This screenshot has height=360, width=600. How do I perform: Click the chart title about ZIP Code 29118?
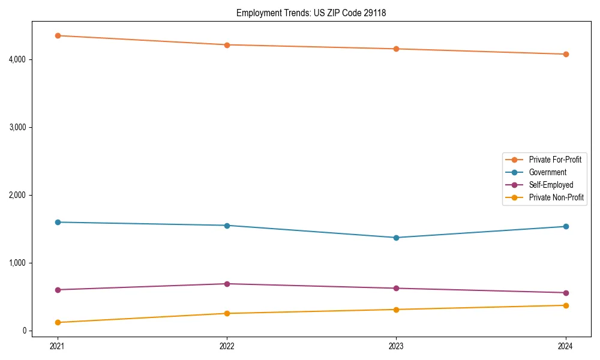click(x=311, y=13)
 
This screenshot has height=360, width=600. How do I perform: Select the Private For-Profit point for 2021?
click(x=58, y=35)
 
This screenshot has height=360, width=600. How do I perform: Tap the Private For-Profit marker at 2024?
click(x=565, y=54)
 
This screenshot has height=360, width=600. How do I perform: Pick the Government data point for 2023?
click(x=396, y=238)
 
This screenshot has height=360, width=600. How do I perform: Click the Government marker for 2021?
click(x=58, y=222)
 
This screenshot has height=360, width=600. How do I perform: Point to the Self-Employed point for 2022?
click(x=227, y=284)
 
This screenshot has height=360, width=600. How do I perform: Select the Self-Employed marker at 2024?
click(x=565, y=293)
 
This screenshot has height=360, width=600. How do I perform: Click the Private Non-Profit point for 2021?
click(x=58, y=322)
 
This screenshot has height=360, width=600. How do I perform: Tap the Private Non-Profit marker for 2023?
click(x=396, y=310)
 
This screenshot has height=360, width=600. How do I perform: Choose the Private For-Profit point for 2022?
click(x=227, y=45)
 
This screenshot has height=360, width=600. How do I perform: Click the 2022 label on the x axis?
click(x=227, y=346)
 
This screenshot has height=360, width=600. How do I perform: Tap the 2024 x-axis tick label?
click(x=565, y=346)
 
